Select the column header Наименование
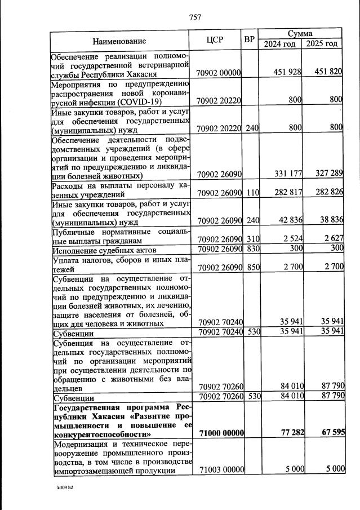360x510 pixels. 119,41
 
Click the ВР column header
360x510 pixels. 250,40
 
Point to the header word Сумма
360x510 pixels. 300,34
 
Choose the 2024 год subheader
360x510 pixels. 280,44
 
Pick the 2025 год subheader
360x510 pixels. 322,44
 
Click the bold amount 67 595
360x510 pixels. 328,432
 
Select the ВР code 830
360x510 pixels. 252,248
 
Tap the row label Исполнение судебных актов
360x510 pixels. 104,249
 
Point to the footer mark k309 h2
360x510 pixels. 65,488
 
